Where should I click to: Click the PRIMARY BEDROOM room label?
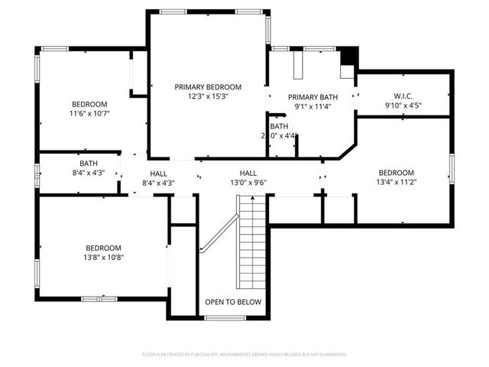point(208,87)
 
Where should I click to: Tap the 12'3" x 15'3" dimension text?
point(208,97)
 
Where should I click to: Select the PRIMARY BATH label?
point(313,97)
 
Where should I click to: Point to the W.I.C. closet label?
point(403,96)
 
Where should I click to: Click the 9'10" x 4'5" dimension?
point(403,106)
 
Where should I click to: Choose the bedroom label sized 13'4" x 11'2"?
point(396,173)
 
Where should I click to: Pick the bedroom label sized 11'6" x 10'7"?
point(89,104)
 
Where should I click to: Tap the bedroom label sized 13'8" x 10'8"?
point(103,248)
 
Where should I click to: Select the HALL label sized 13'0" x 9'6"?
point(248,173)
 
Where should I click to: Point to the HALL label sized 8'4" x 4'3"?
point(158,174)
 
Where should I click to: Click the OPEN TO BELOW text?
point(233,302)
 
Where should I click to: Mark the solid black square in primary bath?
point(348,56)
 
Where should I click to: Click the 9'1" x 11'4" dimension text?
point(313,107)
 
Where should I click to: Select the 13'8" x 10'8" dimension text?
point(103,258)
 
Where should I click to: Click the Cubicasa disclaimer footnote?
point(244,355)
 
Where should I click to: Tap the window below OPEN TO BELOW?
point(225,317)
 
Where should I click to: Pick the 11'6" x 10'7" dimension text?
point(89,114)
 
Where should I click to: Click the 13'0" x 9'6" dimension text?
point(248,183)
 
